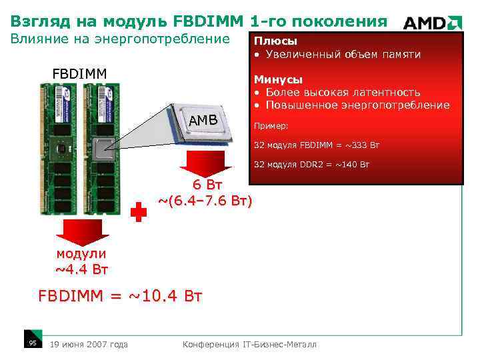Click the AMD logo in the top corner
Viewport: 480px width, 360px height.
[432, 23]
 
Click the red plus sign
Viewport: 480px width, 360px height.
[138, 212]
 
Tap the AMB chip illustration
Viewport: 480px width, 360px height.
[203, 121]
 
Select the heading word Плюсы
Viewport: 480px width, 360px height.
[275, 41]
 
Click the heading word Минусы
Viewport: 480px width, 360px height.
[277, 80]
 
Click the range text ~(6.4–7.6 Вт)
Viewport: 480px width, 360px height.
[205, 200]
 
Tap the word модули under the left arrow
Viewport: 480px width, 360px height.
[81, 254]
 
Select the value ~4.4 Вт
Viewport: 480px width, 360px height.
[81, 269]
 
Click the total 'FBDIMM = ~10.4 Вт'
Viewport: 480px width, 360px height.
[120, 296]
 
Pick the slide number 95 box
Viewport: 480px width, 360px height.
[31, 343]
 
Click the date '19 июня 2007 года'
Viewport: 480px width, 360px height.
[89, 344]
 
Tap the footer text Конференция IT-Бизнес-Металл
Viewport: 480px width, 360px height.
[250, 344]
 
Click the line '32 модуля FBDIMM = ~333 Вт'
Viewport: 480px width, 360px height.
[317, 145]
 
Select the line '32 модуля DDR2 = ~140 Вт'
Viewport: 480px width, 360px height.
[311, 165]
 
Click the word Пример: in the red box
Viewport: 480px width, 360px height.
[271, 126]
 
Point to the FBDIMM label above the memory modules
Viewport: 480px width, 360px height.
[80, 72]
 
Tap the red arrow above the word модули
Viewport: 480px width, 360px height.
[81, 232]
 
